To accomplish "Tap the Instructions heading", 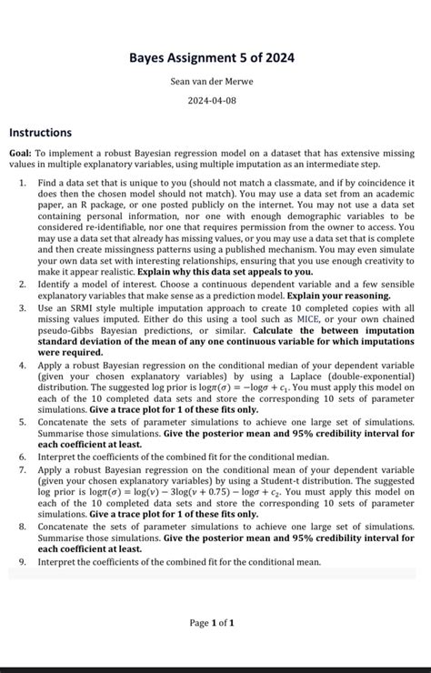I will coord(40,133).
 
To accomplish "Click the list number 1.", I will coord(22,183).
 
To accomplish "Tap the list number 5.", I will coord(22,423).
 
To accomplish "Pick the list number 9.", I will coord(22,562).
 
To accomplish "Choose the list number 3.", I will coord(22,308).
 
